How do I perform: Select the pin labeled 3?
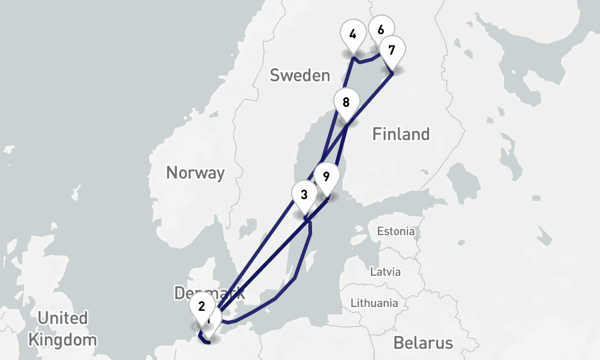click(x=304, y=195)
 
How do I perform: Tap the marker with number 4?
click(x=353, y=34)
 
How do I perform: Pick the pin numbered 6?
click(x=381, y=28)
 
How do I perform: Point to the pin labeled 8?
click(x=346, y=103)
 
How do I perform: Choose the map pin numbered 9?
click(x=326, y=177)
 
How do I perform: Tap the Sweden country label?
click(x=299, y=76)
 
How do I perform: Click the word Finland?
click(x=401, y=134)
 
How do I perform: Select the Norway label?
click(x=195, y=173)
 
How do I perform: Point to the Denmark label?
click(x=209, y=293)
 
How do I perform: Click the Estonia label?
click(x=395, y=231)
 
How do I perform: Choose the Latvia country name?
click(x=385, y=271)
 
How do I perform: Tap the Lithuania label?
click(x=374, y=303)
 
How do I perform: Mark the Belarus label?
click(x=423, y=343)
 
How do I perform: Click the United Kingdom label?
click(x=62, y=328)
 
